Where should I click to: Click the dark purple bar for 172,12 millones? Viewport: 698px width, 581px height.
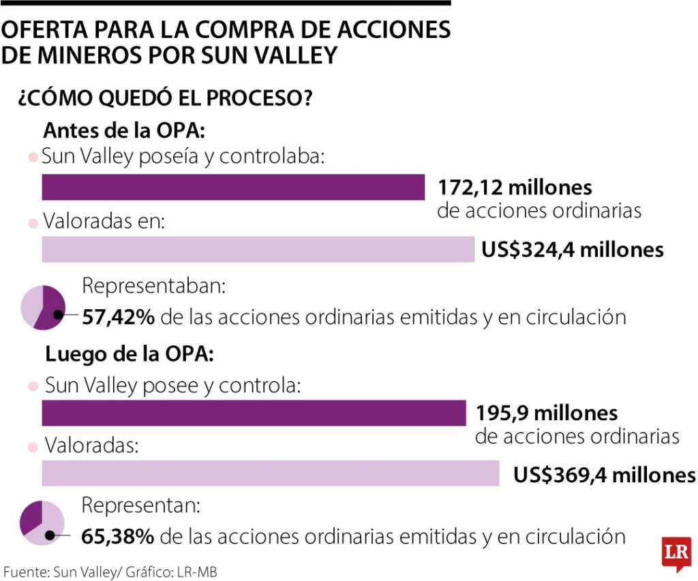tap(233, 187)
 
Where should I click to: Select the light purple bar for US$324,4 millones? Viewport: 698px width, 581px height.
tap(258, 249)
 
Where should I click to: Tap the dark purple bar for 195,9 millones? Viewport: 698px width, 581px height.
tap(253, 413)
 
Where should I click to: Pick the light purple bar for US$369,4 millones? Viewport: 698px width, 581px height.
tap(271, 473)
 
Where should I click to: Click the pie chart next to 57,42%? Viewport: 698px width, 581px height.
tap(43, 308)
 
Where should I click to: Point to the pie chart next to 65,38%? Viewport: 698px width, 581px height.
tap(42, 523)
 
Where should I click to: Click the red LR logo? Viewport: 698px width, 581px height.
tap(676, 552)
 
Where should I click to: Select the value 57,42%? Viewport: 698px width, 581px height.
tap(118, 317)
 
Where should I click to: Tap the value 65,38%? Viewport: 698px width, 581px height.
tap(117, 537)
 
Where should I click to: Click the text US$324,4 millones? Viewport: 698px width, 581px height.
tap(573, 249)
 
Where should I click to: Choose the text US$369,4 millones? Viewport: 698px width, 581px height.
tap(605, 474)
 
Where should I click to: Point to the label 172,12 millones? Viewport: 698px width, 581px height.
tap(515, 187)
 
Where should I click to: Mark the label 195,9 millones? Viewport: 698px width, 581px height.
tap(547, 413)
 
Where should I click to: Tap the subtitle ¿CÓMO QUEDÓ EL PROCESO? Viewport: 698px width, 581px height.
tap(165, 98)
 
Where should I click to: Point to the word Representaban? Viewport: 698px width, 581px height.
tap(153, 286)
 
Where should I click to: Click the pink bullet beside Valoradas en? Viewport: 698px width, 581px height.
tap(31, 223)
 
